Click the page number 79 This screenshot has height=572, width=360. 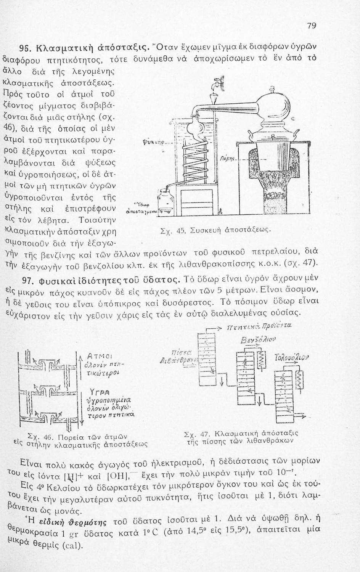(x=312, y=26)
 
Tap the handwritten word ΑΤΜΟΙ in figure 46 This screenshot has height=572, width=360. (x=100, y=356)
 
